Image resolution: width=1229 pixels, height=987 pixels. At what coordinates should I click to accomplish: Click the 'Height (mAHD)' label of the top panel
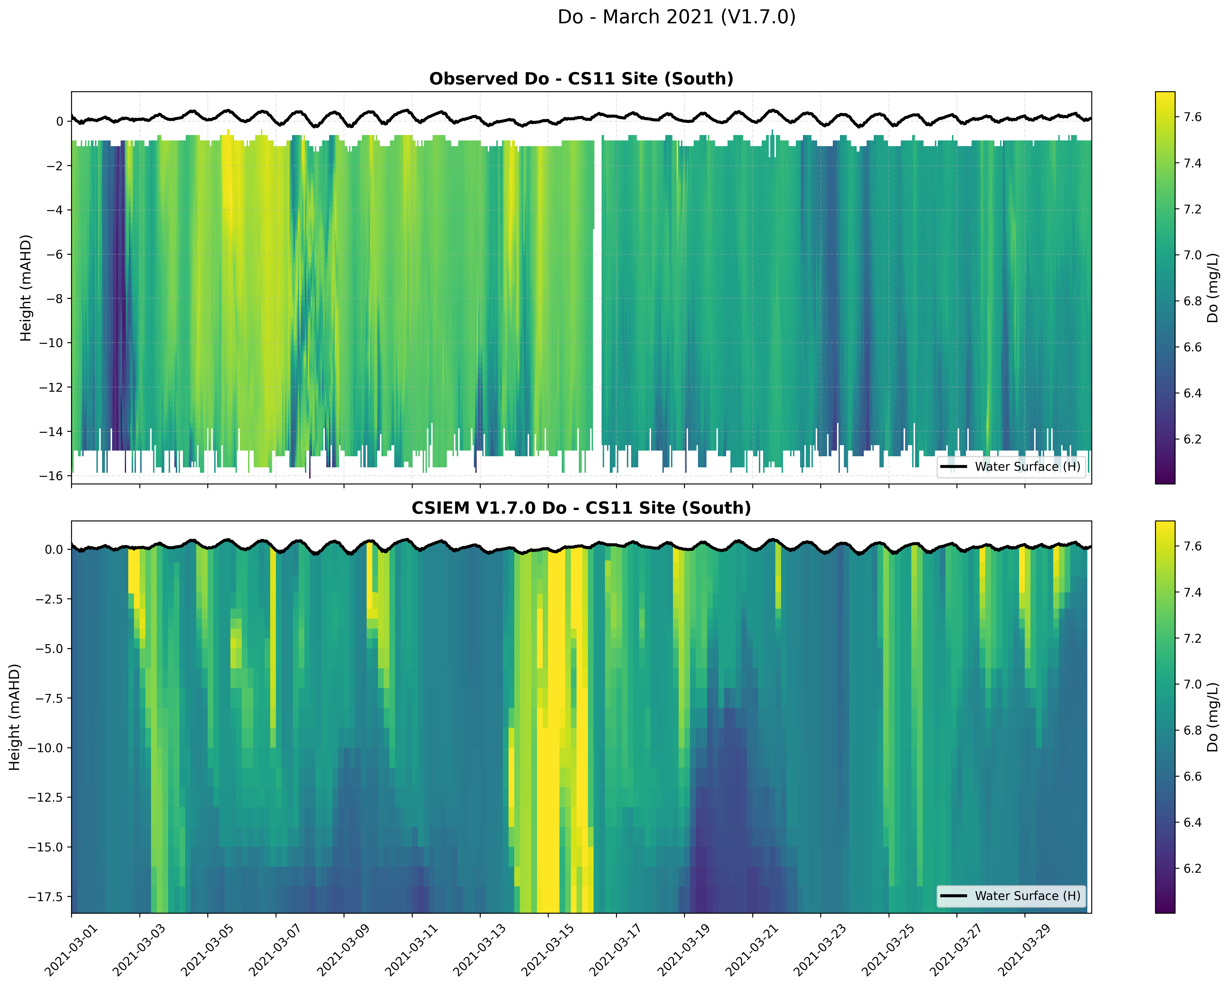pyautogui.click(x=26, y=288)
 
